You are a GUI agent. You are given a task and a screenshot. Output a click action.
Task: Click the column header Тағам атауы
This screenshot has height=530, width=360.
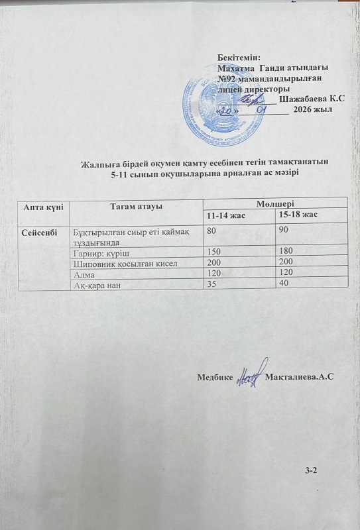pos(136,205)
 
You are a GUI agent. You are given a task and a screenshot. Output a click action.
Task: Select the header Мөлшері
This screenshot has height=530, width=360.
pos(275,202)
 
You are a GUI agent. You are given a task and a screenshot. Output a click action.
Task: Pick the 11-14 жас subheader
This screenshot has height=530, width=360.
pos(227,216)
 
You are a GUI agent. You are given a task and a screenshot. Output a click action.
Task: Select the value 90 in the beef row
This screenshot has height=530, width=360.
pos(283,229)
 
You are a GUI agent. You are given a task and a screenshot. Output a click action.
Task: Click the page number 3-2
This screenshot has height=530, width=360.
pos(312,470)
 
